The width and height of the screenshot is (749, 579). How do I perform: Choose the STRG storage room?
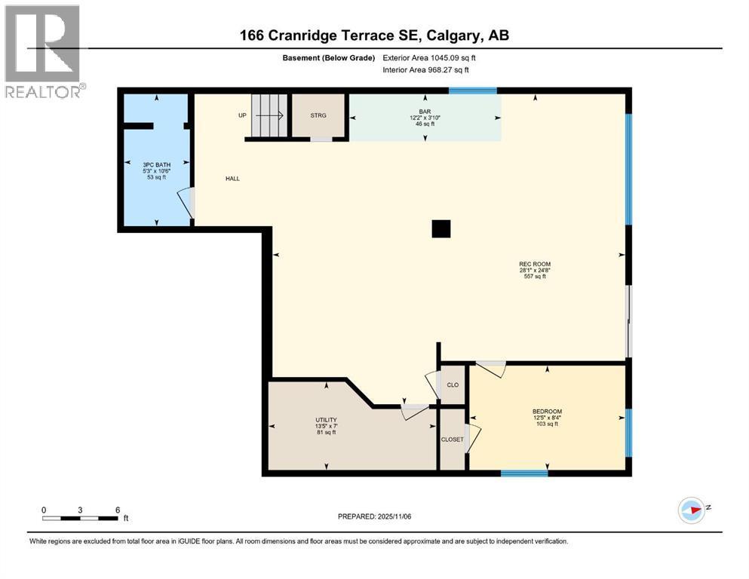click(318, 116)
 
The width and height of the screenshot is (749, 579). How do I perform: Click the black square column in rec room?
click(441, 228)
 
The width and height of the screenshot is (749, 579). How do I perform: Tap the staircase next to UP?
click(269, 116)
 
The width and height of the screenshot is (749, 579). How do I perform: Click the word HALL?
click(232, 179)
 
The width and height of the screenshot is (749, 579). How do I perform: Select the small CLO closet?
click(453, 384)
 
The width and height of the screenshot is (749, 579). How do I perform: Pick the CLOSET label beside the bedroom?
click(453, 440)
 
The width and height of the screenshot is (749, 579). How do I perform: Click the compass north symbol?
click(692, 510)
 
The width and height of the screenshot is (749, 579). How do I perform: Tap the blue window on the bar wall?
click(473, 91)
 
